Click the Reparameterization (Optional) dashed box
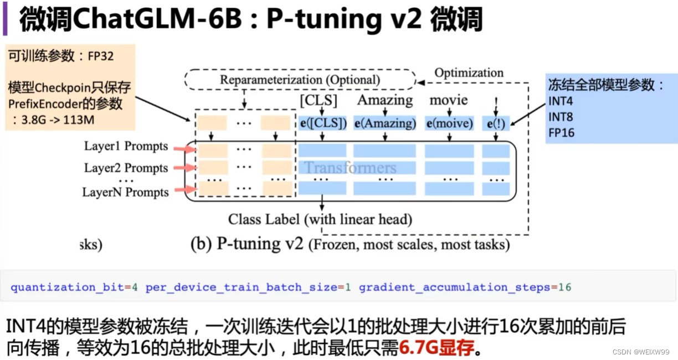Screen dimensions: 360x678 click(x=300, y=80)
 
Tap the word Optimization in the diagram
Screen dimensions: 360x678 click(x=469, y=73)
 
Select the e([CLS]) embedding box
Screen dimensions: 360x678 click(x=323, y=124)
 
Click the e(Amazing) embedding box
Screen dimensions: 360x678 click(x=385, y=124)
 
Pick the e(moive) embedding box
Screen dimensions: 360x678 click(x=449, y=124)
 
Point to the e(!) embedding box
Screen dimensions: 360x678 click(x=496, y=124)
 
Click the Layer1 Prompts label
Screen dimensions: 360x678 click(x=126, y=146)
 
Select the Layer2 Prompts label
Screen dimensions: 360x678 click(x=126, y=168)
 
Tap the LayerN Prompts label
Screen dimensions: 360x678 click(x=125, y=192)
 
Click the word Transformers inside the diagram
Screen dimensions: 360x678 click(x=350, y=168)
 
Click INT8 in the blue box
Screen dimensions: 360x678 click(x=561, y=117)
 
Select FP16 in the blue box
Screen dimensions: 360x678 click(x=561, y=133)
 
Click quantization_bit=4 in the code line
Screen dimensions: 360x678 click(x=74, y=287)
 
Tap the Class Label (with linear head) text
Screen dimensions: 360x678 click(x=320, y=219)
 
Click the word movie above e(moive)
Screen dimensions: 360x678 click(x=449, y=100)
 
